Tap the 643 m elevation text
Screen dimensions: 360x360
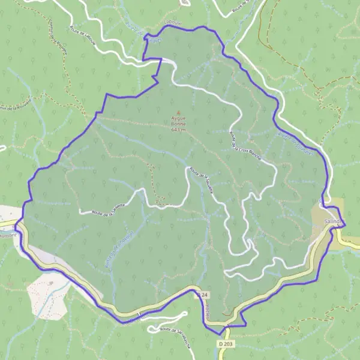pos(178,129)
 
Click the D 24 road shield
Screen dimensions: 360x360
pos(203,295)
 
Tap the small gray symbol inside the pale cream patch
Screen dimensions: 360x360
pos(52,281)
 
